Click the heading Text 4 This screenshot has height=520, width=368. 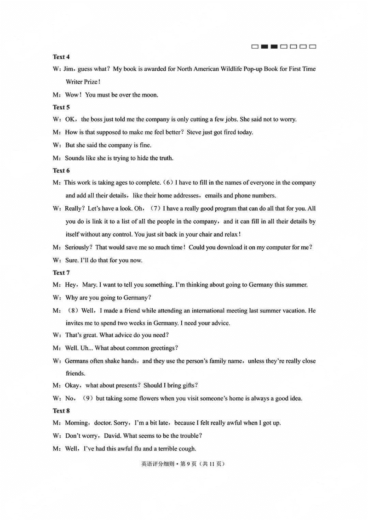[61, 57]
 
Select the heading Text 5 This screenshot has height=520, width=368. [61, 107]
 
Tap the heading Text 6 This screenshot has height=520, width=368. [61, 170]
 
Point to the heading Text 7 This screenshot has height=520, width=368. [61, 272]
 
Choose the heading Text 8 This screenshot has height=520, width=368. [61, 410]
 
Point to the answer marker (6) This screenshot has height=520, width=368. [168, 183]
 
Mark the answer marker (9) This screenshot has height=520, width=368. [87, 398]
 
